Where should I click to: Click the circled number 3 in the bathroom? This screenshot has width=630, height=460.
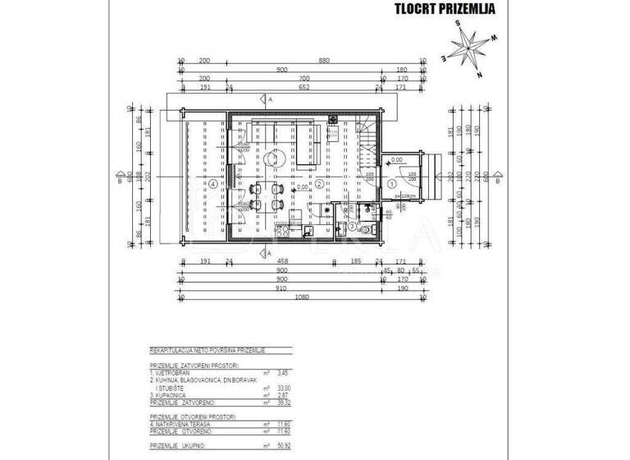353,226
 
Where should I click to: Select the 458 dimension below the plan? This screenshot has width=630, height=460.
283,263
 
